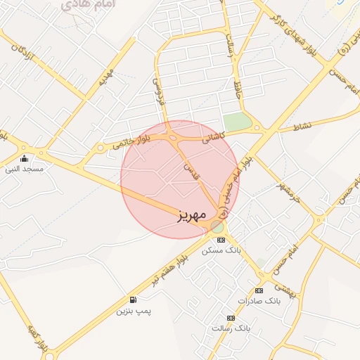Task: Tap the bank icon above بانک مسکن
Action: click(x=221, y=240)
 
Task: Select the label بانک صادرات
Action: click(x=259, y=300)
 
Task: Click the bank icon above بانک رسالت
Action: click(x=231, y=318)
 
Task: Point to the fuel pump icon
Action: click(x=134, y=300)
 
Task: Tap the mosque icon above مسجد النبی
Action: click(x=25, y=158)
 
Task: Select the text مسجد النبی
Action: click(x=25, y=169)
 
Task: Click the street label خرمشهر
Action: click(x=288, y=188)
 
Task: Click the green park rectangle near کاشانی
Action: click(x=238, y=121)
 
